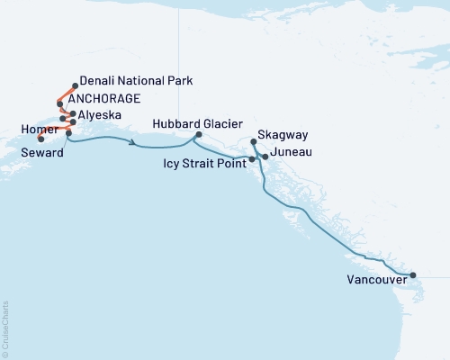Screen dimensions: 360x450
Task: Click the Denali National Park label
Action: click(136, 80)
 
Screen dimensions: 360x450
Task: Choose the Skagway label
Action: click(280, 134)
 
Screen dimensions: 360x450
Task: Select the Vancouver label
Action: click(376, 280)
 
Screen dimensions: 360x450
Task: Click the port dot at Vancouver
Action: click(412, 275)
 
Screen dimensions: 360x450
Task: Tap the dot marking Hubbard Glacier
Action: click(197, 136)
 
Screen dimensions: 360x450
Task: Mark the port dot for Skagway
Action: click(254, 142)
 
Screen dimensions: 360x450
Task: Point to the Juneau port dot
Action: click(265, 157)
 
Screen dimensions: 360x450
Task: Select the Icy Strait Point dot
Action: click(251, 159)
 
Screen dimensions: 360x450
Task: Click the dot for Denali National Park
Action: click(74, 86)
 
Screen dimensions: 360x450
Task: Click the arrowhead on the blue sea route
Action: click(133, 143)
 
